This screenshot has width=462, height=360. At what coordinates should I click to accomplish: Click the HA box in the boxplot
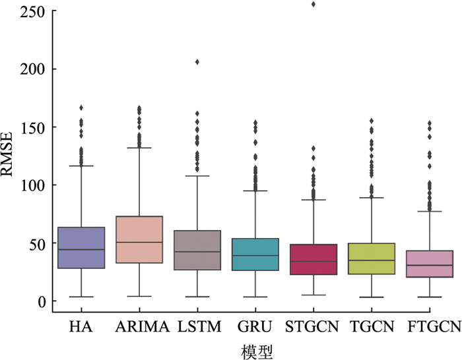tap(81, 248)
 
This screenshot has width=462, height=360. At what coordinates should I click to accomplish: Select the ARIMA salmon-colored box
tap(139, 240)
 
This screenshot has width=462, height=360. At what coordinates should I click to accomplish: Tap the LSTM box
tap(197, 251)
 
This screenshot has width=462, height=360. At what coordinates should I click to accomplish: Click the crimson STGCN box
tap(313, 259)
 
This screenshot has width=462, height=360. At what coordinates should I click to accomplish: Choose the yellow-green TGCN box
tap(370, 259)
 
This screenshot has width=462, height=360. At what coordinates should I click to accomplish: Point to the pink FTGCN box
tap(428, 264)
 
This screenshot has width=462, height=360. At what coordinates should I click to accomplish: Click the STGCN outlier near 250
tap(313, 4)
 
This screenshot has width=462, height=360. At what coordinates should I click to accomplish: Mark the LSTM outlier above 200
tap(197, 62)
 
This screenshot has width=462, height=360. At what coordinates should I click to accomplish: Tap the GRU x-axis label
tap(255, 325)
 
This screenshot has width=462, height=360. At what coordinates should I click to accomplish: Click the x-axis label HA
tap(81, 325)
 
